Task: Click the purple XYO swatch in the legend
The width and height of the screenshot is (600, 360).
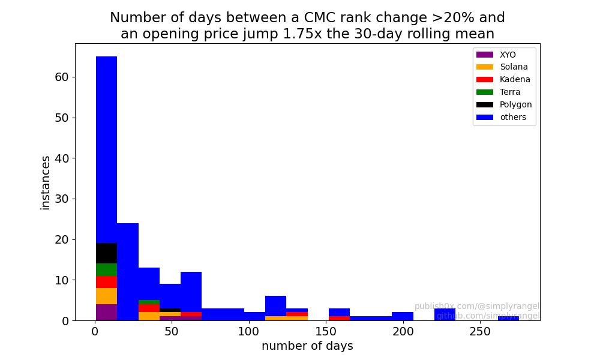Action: [484, 55]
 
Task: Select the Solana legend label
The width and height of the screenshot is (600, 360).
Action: [514, 67]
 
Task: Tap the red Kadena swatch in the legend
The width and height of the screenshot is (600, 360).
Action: [484, 80]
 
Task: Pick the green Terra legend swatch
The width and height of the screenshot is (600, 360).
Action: [484, 92]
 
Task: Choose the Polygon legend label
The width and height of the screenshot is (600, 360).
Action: [515, 105]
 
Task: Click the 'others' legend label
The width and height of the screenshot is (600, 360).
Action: [513, 118]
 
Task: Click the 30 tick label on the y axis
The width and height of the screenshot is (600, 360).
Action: [62, 199]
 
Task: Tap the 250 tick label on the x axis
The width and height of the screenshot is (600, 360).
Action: [479, 331]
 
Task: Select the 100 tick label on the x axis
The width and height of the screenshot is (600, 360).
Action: [249, 331]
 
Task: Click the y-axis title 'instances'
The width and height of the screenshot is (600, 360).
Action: [45, 182]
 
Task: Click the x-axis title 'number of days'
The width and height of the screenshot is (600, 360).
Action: [307, 346]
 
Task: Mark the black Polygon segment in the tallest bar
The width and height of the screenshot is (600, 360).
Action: [106, 253]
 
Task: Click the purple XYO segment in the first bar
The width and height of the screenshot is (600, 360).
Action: [106, 312]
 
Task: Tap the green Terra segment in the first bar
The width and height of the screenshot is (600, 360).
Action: [106, 270]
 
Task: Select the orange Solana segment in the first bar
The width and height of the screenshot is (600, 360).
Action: [106, 296]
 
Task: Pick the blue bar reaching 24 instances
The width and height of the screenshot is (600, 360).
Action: [128, 272]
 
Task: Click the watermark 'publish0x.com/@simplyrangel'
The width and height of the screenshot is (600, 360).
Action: [477, 306]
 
